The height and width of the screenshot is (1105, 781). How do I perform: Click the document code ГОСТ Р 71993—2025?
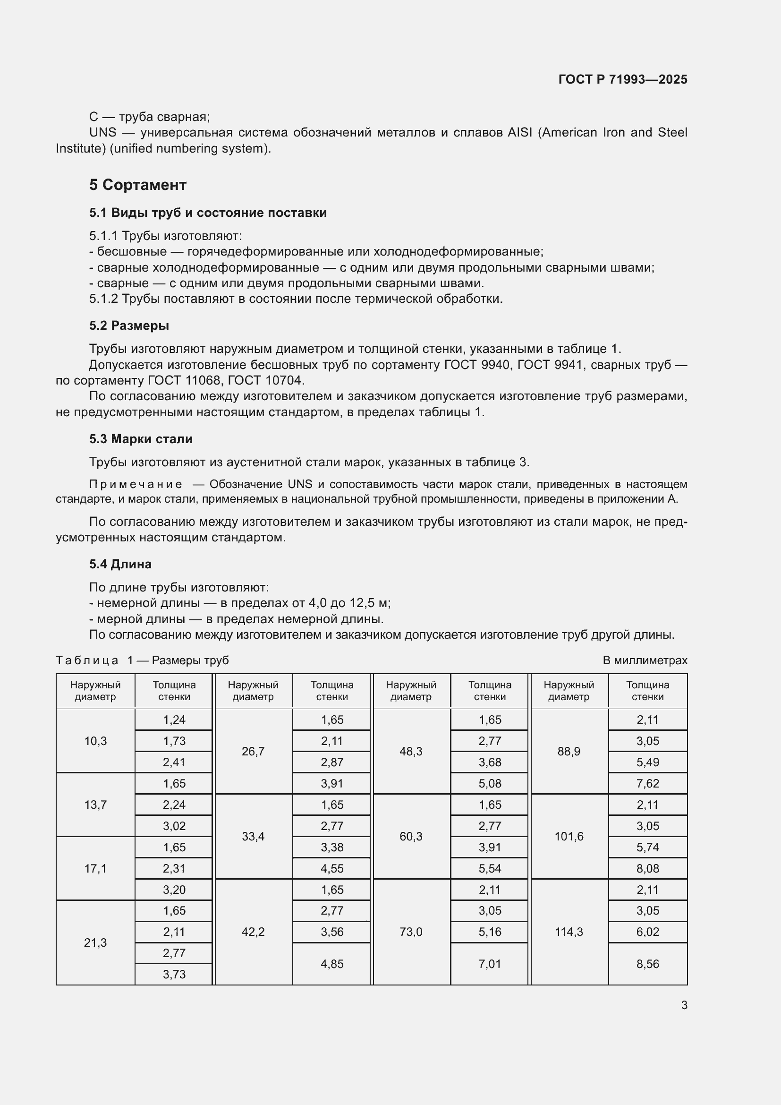[x=622, y=79]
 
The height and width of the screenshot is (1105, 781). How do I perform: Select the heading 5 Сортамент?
[x=137, y=185]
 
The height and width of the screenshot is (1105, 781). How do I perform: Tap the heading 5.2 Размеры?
[x=129, y=326]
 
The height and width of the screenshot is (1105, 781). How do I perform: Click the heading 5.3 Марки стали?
[x=140, y=439]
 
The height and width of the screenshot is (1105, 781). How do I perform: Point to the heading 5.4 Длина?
[x=120, y=564]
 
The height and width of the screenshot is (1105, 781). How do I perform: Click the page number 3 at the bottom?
[x=684, y=1005]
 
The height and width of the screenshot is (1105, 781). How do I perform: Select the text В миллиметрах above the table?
[x=645, y=660]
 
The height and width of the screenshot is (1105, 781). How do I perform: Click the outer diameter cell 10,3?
[x=95, y=741]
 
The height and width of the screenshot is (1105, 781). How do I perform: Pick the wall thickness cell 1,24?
[x=174, y=720]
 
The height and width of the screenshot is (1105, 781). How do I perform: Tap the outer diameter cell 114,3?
[x=569, y=932]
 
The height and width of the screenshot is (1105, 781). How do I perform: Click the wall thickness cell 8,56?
[x=647, y=964]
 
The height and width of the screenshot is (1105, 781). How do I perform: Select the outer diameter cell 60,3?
[x=411, y=837]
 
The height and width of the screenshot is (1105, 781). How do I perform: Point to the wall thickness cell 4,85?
[x=332, y=964]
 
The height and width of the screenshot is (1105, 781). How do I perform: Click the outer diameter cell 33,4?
[x=253, y=837]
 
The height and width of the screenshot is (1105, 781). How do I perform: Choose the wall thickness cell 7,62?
[x=647, y=783]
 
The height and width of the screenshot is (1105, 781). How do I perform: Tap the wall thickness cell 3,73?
[x=174, y=975]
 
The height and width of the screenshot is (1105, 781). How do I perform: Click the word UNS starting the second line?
[x=102, y=132]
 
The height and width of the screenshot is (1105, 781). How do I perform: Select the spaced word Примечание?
[x=136, y=484]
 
